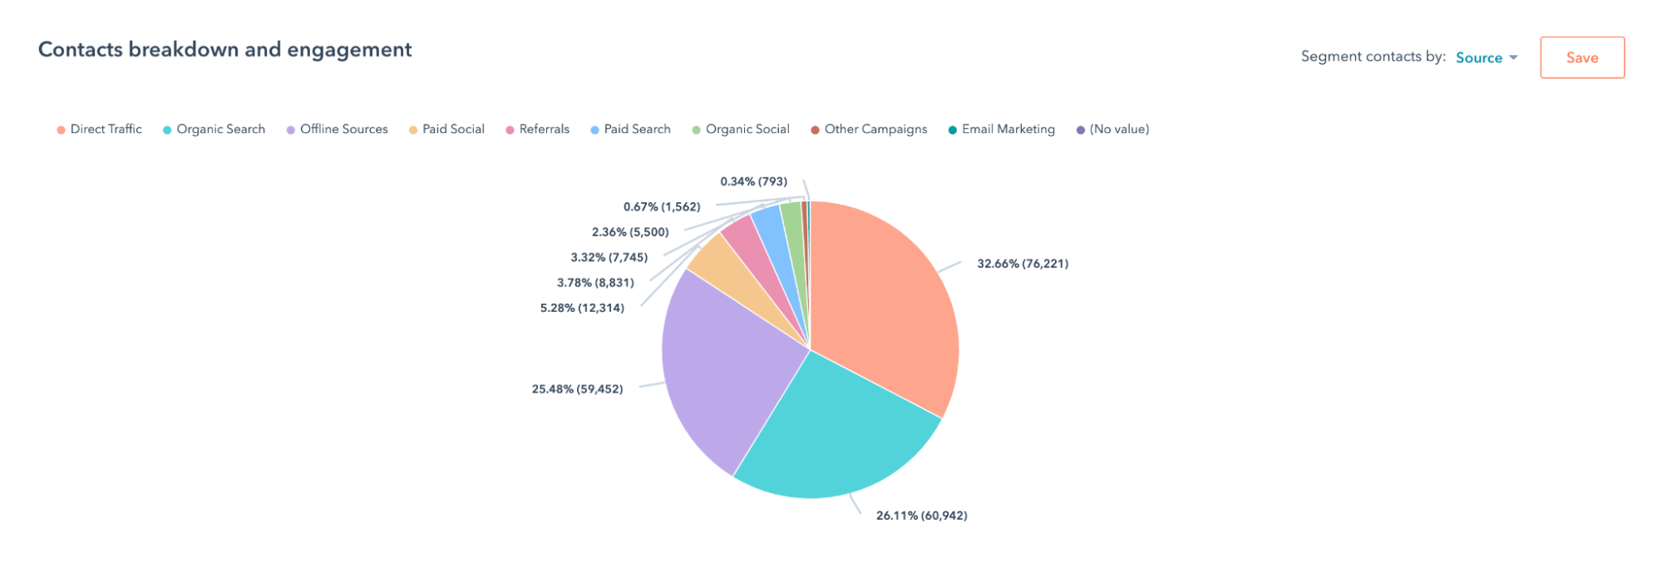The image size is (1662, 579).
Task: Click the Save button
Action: pos(1581,57)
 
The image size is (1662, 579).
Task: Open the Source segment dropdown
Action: pos(1487,57)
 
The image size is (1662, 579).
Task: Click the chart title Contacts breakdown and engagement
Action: pos(225,50)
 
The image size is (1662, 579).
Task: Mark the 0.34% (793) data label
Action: pos(753,181)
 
